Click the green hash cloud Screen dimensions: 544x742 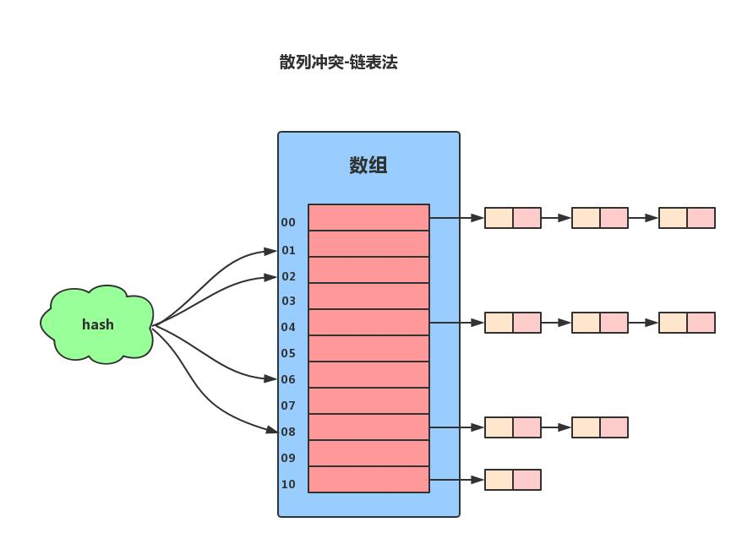pyautogui.click(x=97, y=324)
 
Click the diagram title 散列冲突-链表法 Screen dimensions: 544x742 pyautogui.click(x=338, y=62)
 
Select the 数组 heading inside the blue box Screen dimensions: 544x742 pyautogui.click(x=368, y=165)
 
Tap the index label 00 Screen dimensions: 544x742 pyautogui.click(x=289, y=222)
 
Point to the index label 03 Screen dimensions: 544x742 pyautogui.click(x=289, y=301)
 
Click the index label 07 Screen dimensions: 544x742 pyautogui.click(x=289, y=405)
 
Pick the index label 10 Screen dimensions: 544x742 pyautogui.click(x=289, y=484)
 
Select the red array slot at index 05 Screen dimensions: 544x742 pyautogui.click(x=368, y=348)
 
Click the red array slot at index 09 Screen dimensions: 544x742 pyautogui.click(x=368, y=453)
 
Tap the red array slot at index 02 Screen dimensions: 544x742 pyautogui.click(x=368, y=269)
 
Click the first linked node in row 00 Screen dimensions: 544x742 pyautogui.click(x=512, y=218)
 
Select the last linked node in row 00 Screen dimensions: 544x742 pyautogui.click(x=686, y=218)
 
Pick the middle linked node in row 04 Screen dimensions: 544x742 pyautogui.click(x=599, y=323)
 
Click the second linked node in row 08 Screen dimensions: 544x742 pyautogui.click(x=599, y=427)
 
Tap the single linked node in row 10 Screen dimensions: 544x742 pyautogui.click(x=512, y=480)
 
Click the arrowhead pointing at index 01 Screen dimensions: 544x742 pyautogui.click(x=270, y=251)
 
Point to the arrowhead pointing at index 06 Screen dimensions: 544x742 pyautogui.click(x=270, y=378)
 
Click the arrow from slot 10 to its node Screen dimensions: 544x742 pyautogui.click(x=456, y=480)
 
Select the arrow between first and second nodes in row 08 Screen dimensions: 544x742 pyautogui.click(x=556, y=427)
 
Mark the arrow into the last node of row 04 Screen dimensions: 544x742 pyautogui.click(x=643, y=323)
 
